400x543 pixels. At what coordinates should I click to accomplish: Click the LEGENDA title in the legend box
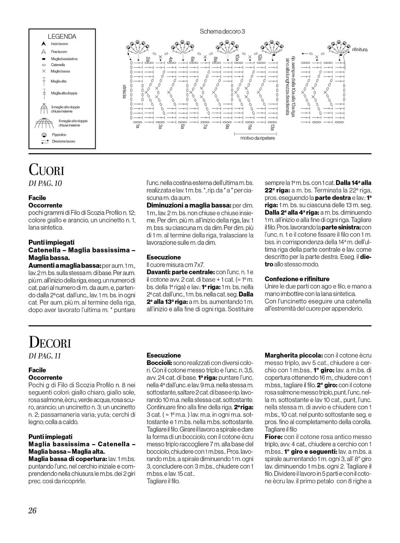click(x=62, y=36)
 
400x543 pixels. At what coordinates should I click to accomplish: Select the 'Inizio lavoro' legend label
click(x=59, y=43)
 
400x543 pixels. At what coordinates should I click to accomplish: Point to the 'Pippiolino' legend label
click(x=59, y=135)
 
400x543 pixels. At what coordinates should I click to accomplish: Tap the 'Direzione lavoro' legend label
click(x=63, y=141)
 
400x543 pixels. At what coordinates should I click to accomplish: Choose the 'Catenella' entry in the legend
click(x=58, y=64)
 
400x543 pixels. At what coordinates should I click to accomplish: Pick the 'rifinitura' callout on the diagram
click(x=360, y=50)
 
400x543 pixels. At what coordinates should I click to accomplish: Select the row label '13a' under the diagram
click(x=272, y=127)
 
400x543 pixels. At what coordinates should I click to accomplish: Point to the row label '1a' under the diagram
click(x=137, y=127)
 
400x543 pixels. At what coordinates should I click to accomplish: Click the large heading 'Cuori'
click(x=46, y=170)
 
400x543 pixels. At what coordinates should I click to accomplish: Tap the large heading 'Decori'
click(x=50, y=343)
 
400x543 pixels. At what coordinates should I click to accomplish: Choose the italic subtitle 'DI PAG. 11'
click(x=45, y=356)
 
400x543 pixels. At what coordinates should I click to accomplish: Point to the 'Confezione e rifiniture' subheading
click(x=297, y=279)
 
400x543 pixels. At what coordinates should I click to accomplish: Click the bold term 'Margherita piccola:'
click(x=294, y=355)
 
